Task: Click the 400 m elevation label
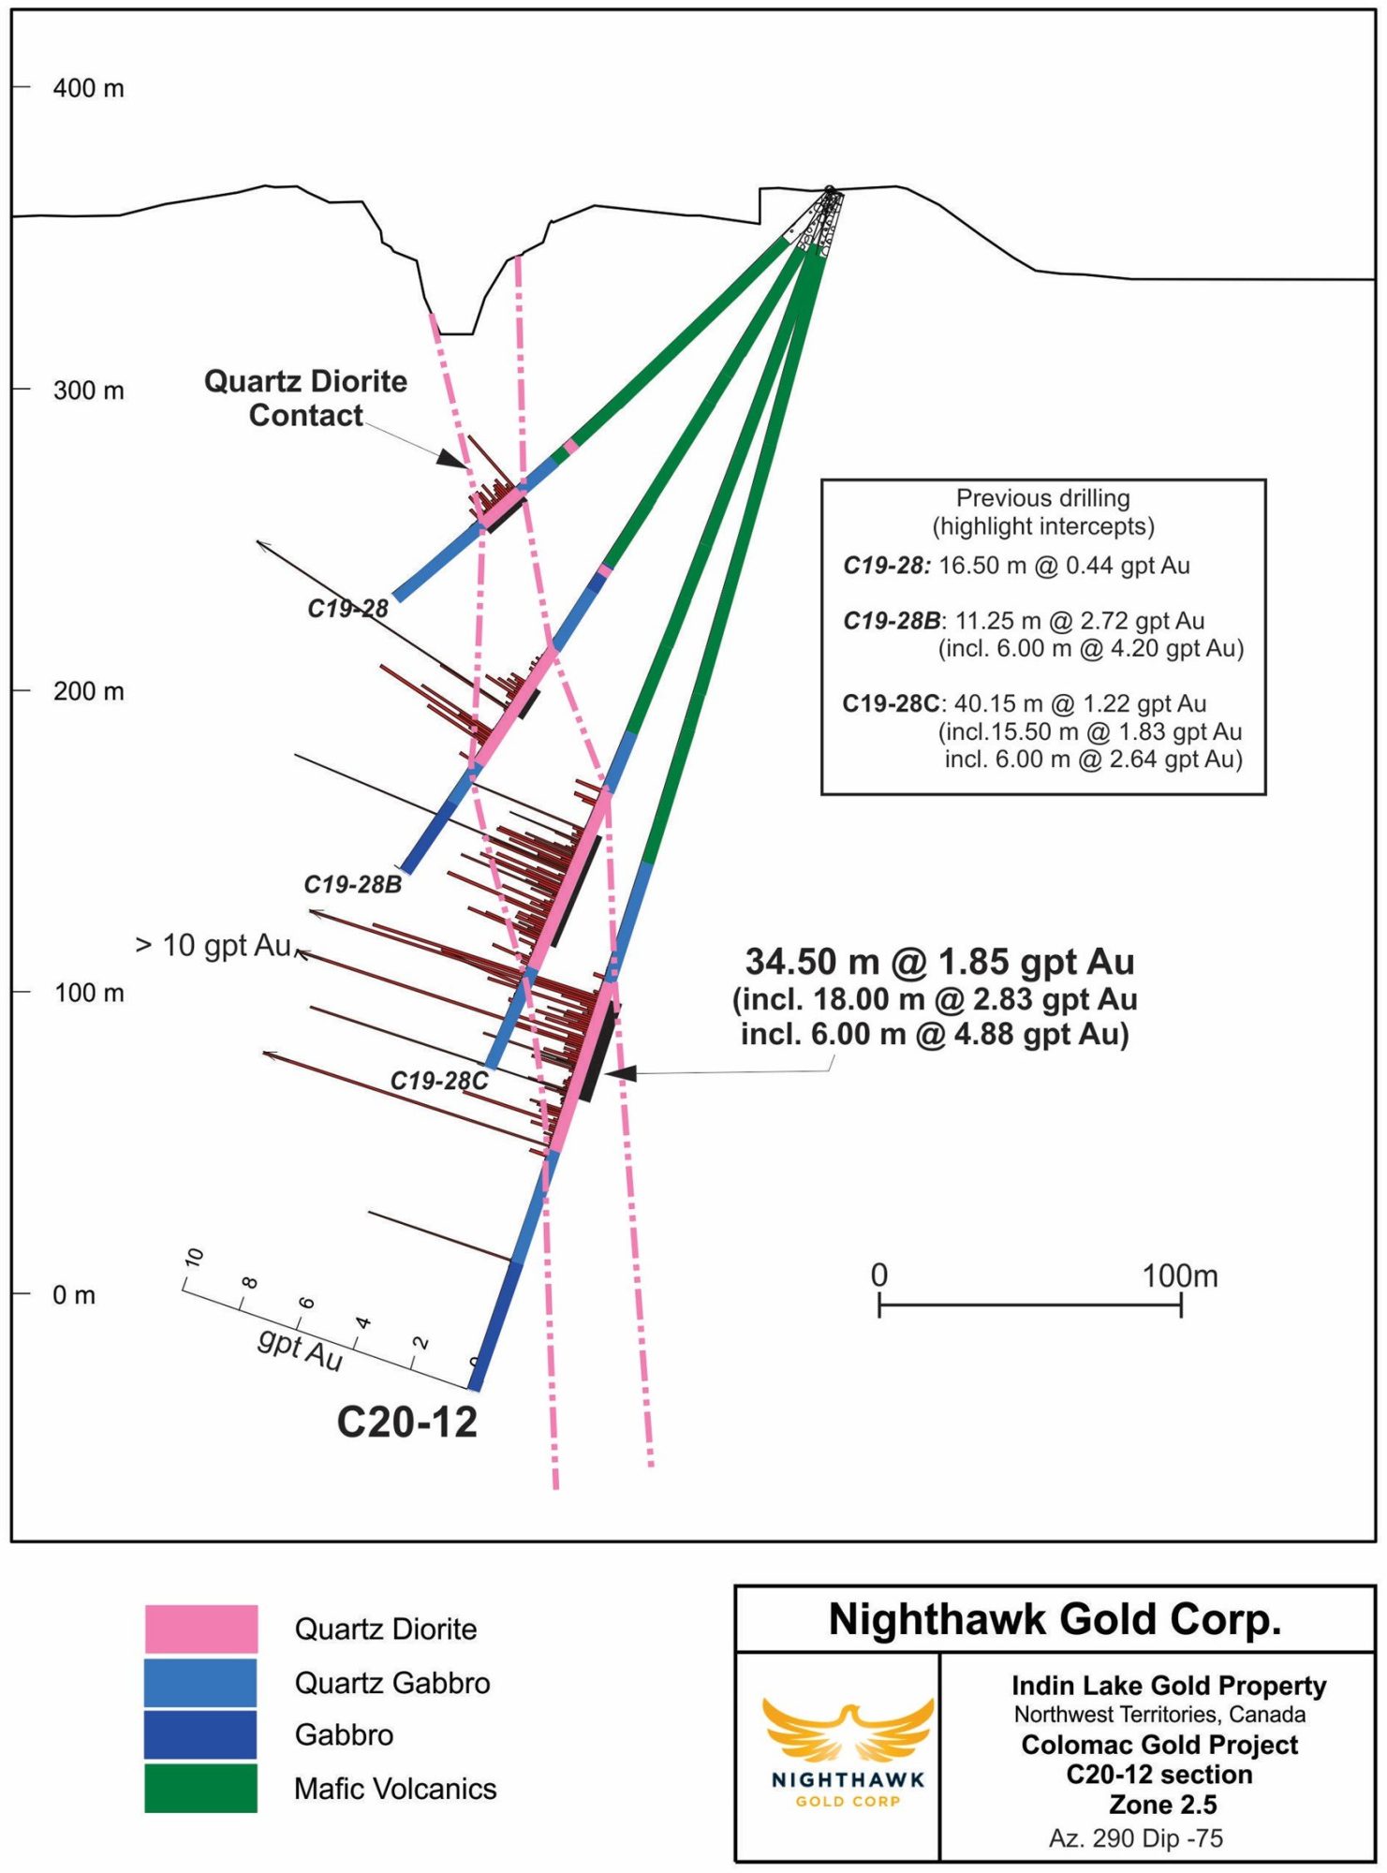pos(88,88)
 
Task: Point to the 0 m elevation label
pos(74,1295)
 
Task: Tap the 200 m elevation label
pos(88,691)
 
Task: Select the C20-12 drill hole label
pos(406,1423)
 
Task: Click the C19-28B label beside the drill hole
pos(352,884)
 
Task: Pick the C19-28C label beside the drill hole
pos(438,1081)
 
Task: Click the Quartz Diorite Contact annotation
pos(305,398)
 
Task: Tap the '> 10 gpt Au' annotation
pos(214,945)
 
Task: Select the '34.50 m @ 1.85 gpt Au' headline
pos(939,962)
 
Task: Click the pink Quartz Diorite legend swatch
pos(200,1629)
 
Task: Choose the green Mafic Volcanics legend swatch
pos(200,1788)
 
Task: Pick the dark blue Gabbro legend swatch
pos(200,1734)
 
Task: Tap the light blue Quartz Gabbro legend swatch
pos(200,1682)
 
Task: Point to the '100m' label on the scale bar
pos(1179,1276)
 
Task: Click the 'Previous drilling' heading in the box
pos(1042,498)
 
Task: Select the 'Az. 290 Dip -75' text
pos(1135,1838)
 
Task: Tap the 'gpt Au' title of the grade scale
pos(300,1349)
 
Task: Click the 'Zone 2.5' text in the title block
pos(1162,1805)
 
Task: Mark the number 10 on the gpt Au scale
pos(194,1257)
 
